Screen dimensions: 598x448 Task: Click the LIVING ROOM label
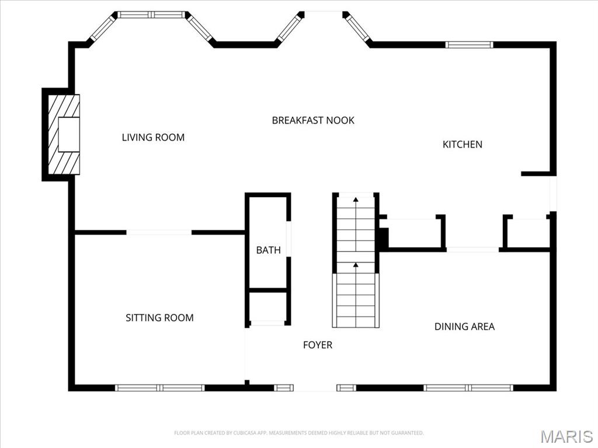(x=153, y=137)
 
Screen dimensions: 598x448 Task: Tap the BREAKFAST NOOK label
(x=313, y=120)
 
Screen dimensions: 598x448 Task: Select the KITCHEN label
(x=463, y=145)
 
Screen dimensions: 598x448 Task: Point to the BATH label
(x=269, y=250)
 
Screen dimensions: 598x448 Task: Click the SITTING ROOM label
(x=159, y=318)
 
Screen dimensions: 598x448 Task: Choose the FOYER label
(x=318, y=345)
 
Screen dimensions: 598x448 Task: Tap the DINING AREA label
(x=464, y=327)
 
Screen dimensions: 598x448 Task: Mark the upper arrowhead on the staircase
(x=356, y=199)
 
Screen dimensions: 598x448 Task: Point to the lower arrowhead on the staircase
(x=356, y=264)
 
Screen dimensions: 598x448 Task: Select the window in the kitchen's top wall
(x=469, y=45)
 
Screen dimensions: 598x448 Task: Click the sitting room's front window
(x=160, y=388)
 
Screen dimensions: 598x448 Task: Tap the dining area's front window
(x=468, y=388)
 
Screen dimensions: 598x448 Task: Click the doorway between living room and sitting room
(x=159, y=232)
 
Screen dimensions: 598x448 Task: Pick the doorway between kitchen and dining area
(x=472, y=250)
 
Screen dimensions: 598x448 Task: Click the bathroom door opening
(x=288, y=239)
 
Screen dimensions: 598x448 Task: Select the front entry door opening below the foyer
(x=315, y=388)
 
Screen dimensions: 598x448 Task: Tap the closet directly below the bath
(x=267, y=307)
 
